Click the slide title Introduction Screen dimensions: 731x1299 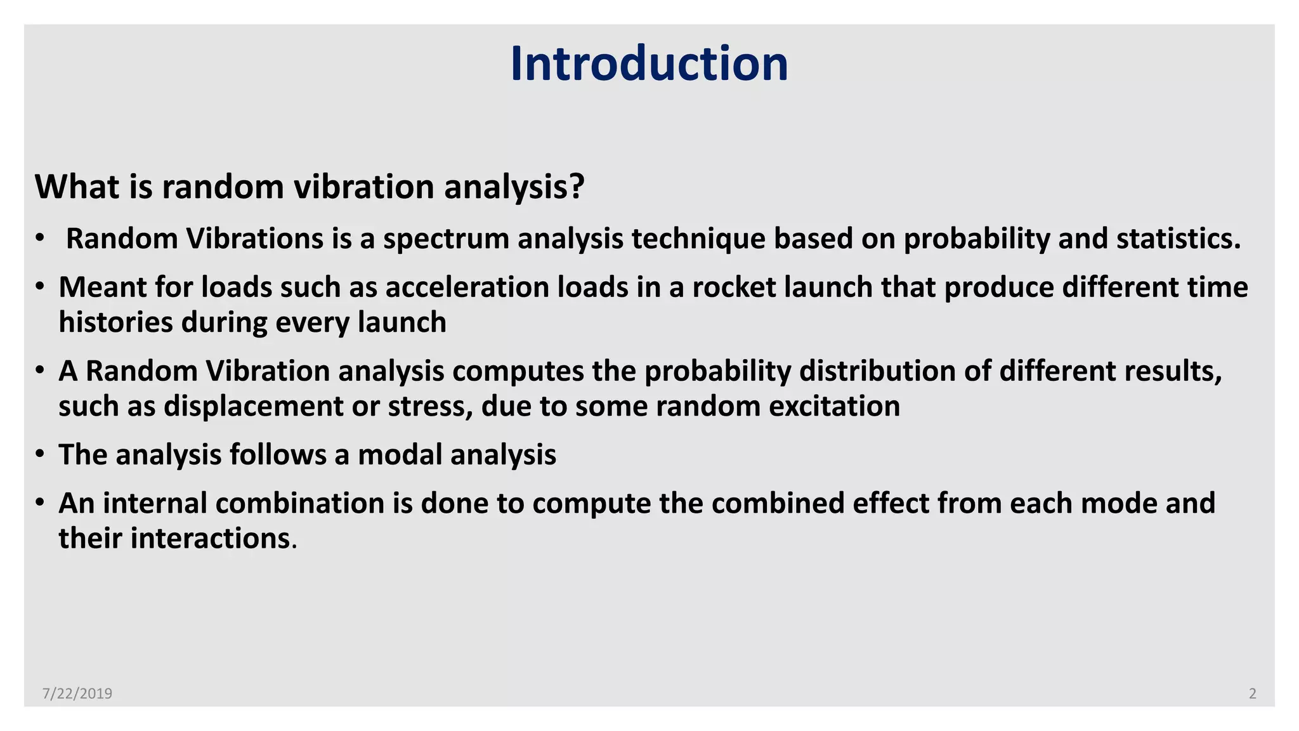(x=649, y=63)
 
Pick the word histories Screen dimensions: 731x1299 (x=115, y=322)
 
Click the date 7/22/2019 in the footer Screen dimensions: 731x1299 (x=77, y=694)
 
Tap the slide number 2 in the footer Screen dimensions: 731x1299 (x=1252, y=694)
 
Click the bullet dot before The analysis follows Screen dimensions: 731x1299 (x=40, y=455)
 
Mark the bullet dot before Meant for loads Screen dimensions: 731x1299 (x=40, y=287)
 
